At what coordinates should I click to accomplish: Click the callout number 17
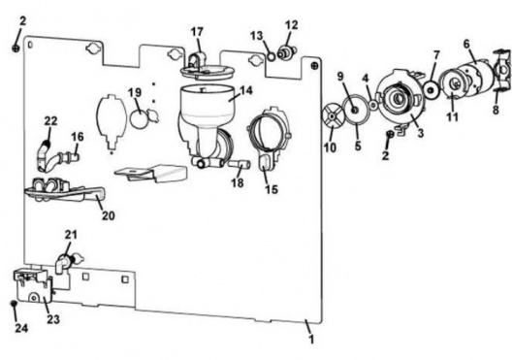pyautogui.click(x=197, y=32)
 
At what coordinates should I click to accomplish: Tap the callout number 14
pyautogui.click(x=246, y=90)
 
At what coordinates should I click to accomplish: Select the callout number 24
pyautogui.click(x=21, y=328)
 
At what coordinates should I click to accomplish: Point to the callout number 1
pyautogui.click(x=311, y=339)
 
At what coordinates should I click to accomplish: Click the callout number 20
pyautogui.click(x=109, y=215)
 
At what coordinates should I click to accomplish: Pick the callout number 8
pyautogui.click(x=496, y=110)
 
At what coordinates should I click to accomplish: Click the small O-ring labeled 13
pyautogui.click(x=272, y=56)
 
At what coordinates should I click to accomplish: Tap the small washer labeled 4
pyautogui.click(x=373, y=105)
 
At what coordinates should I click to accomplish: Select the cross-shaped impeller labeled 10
pyautogui.click(x=332, y=116)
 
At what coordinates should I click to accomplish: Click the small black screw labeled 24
pyautogui.click(x=14, y=303)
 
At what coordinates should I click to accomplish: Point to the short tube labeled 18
pyautogui.click(x=240, y=164)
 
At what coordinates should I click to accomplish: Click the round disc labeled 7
pyautogui.click(x=432, y=89)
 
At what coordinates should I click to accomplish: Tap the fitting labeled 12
pyautogui.click(x=286, y=52)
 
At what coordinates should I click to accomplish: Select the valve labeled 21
pyautogui.click(x=69, y=260)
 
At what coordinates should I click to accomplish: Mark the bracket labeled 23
pyautogui.click(x=33, y=286)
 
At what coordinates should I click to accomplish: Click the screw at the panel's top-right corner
pyautogui.click(x=314, y=65)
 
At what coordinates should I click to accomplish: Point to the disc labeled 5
pyautogui.click(x=355, y=111)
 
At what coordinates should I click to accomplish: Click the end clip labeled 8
pyautogui.click(x=503, y=69)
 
